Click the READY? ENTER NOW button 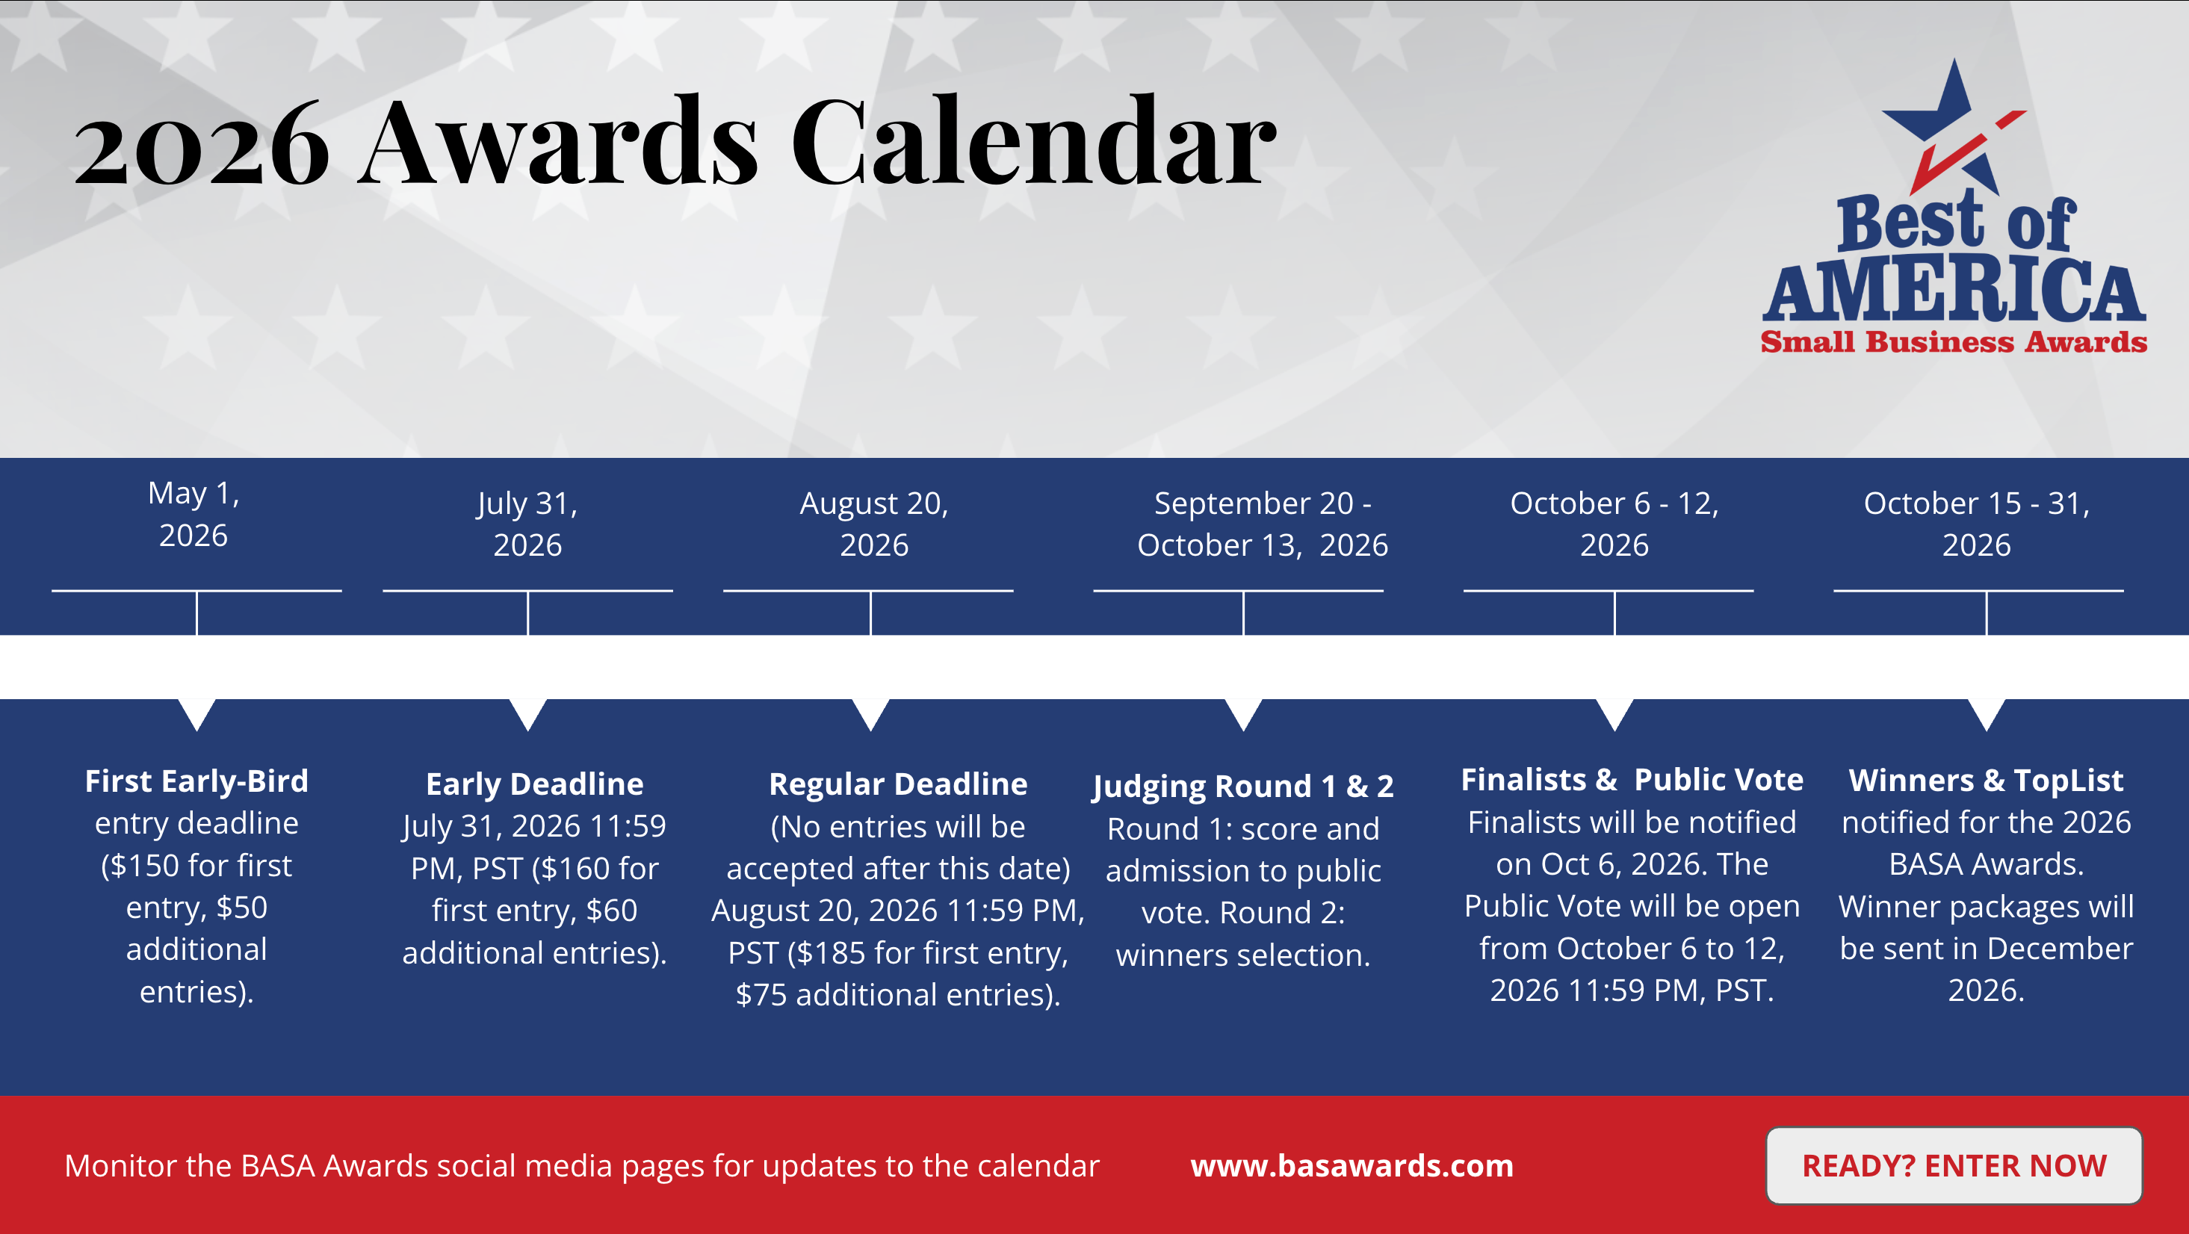coord(1954,1165)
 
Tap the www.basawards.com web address coord(1352,1165)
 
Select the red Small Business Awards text coord(1954,341)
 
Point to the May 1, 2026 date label coord(193,514)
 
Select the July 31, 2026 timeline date coord(527,524)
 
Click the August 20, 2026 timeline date coord(873,524)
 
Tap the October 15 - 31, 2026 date coord(1977,524)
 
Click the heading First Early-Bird coord(196,781)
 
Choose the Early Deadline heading coord(534,784)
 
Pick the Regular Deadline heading coord(898,784)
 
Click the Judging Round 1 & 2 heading coord(1243,786)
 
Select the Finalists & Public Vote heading coord(1632,779)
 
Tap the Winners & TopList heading coord(1986,780)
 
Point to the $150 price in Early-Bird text coord(144,865)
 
